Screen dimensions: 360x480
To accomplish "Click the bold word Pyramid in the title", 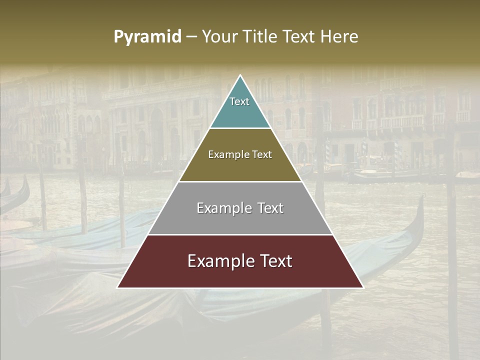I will click(x=147, y=37).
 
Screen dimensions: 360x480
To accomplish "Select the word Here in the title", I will click(x=339, y=37).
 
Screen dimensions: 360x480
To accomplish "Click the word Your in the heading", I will click(x=220, y=37).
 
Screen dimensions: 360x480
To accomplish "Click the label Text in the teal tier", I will click(x=239, y=101).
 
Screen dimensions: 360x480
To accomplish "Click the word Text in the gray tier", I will click(x=268, y=208).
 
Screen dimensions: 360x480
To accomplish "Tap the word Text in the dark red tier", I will click(x=276, y=261).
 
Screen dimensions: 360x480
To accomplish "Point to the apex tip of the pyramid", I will click(x=240, y=76).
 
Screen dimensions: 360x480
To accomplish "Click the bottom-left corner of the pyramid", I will click(x=118, y=287).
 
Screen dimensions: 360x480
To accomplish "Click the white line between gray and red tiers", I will click(x=240, y=234).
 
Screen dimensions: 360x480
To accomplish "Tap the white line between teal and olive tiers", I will click(x=240, y=128).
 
